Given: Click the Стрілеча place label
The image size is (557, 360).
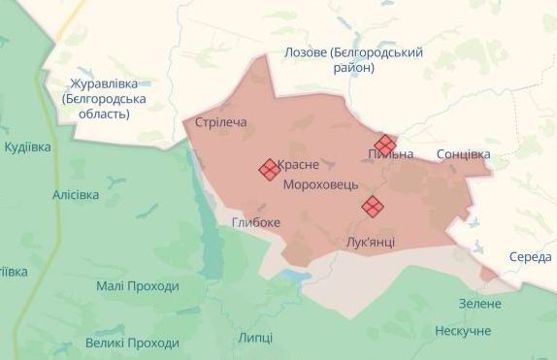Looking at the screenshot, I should (221, 122).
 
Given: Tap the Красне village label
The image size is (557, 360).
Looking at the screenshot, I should (298, 165).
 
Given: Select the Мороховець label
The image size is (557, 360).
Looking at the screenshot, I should (320, 183).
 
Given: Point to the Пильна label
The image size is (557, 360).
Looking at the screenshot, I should (391, 155).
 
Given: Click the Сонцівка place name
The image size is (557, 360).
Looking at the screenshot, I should (464, 154).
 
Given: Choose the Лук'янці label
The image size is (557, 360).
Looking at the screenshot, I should (369, 241).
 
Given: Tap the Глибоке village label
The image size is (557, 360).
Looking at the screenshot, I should (256, 222).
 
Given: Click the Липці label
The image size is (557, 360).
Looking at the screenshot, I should (255, 337).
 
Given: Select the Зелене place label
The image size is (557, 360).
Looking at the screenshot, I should (479, 304).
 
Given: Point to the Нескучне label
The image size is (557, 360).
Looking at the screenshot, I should (463, 331).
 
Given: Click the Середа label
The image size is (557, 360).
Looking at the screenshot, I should (529, 257).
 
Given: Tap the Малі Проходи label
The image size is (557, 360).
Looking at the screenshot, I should (138, 286).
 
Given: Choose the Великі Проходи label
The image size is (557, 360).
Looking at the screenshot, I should (132, 343).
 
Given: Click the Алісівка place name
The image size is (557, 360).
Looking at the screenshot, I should (76, 194).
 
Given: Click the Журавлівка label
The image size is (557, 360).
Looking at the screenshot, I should (104, 83).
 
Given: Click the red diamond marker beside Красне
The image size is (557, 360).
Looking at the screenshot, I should (269, 170).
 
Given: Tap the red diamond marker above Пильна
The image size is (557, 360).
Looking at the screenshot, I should (385, 145).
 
